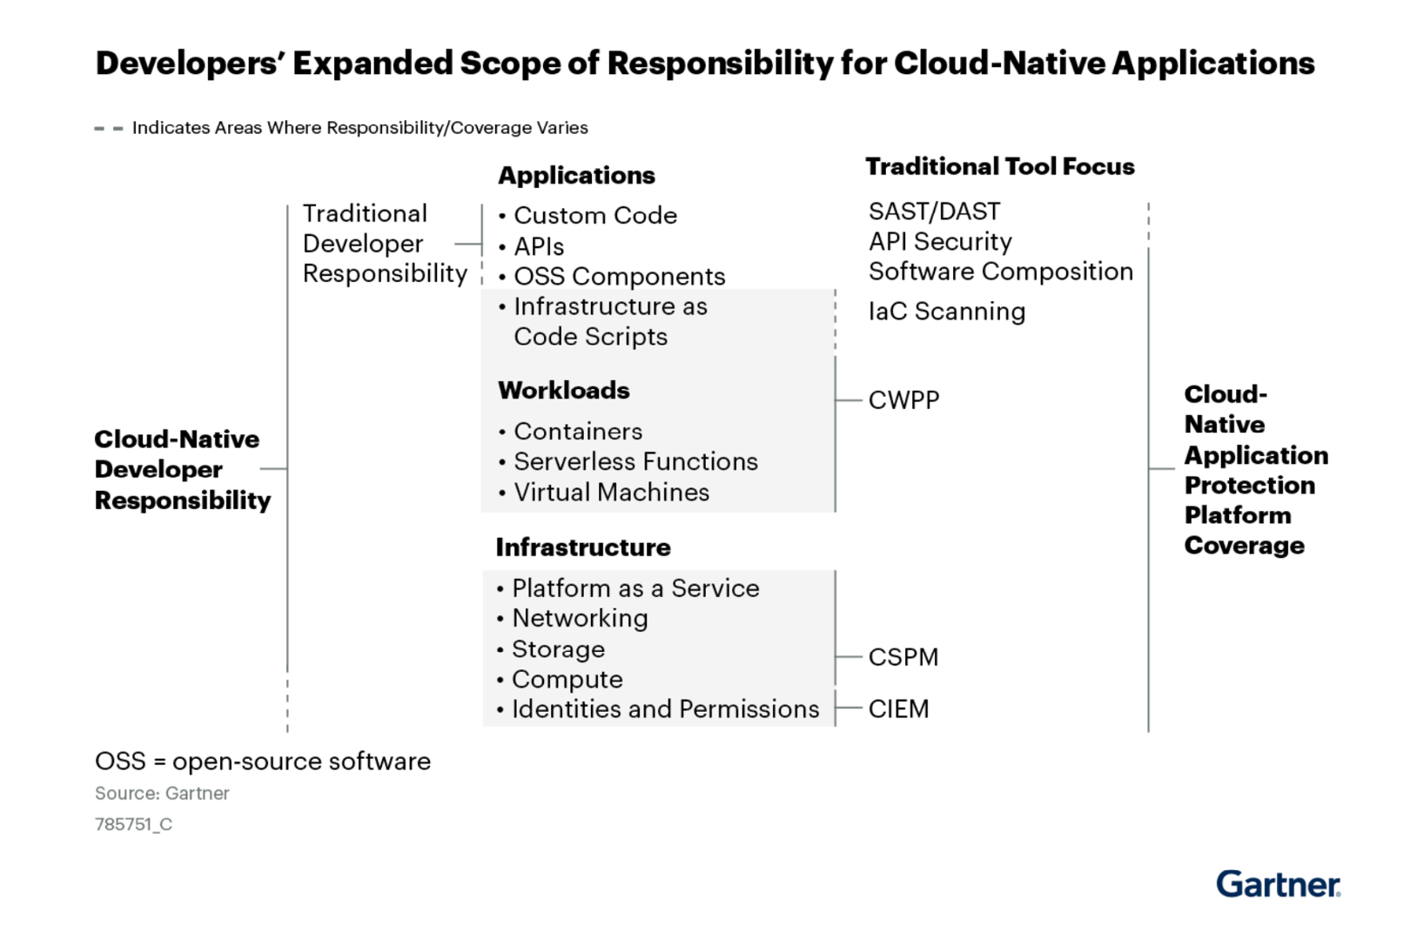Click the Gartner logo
[1278, 883]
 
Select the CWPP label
[903, 400]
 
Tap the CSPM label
[903, 657]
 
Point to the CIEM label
[898, 709]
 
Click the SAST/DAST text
[934, 211]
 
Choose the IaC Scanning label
[947, 312]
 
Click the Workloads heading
[563, 390]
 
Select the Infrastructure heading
[583, 547]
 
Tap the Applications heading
[576, 175]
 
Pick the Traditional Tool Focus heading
[999, 166]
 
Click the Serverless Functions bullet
[635, 461]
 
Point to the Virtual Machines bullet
[611, 493]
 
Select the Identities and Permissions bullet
[665, 709]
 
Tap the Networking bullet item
[580, 618]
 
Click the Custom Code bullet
[595, 215]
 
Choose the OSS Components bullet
[619, 276]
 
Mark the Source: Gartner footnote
[162, 794]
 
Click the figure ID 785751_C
[133, 824]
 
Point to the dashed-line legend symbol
[109, 129]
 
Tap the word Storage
[558, 649]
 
